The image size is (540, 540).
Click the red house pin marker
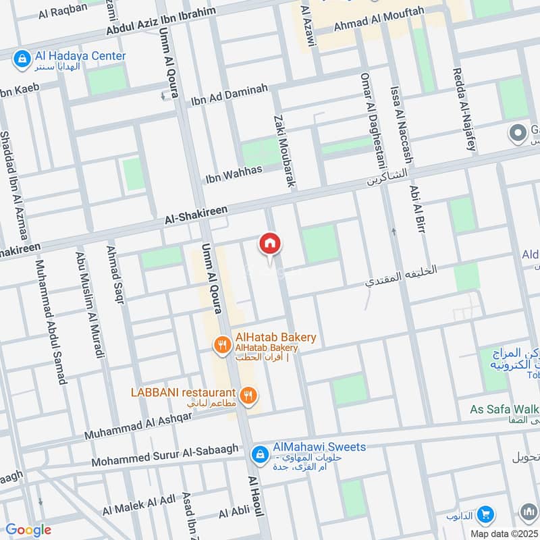coord(270,244)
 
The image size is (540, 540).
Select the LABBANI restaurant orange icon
coord(248,395)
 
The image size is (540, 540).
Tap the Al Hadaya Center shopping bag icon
coord(22,58)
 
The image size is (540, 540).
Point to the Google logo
coord(28,530)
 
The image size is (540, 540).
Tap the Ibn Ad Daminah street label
coord(230,95)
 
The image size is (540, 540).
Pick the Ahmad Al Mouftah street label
coord(380,25)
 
